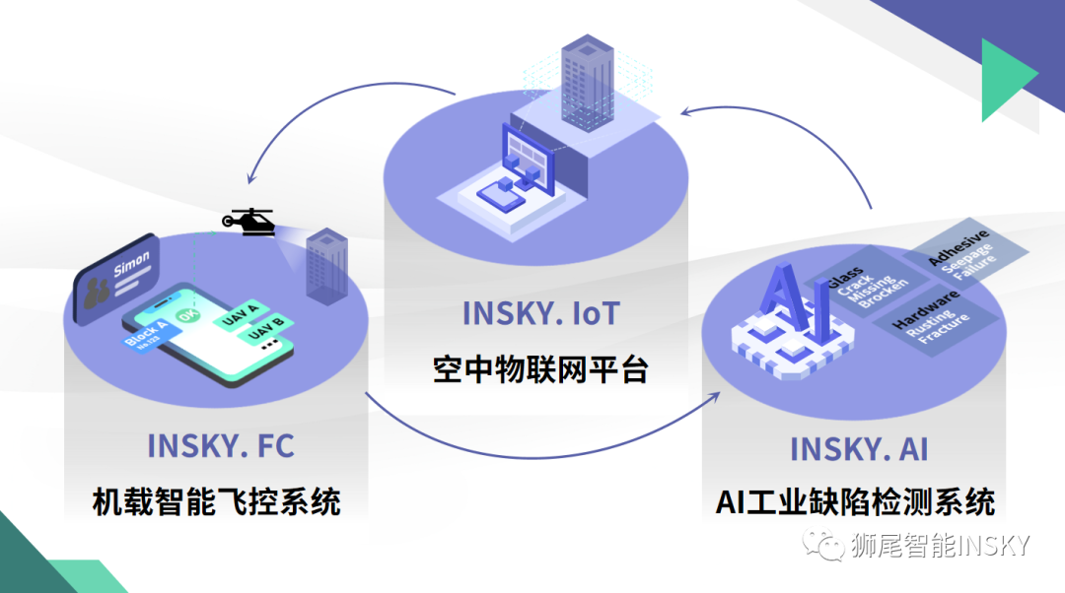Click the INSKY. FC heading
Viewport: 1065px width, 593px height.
pos(220,445)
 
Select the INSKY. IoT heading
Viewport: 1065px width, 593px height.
pos(540,313)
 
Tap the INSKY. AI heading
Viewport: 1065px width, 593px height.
pos(858,449)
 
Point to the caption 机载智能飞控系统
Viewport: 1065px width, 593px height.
pos(216,501)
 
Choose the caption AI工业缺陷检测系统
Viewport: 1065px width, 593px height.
pos(855,502)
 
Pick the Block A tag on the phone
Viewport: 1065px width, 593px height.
pos(148,332)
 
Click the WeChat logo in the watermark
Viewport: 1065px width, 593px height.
pos(822,545)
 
